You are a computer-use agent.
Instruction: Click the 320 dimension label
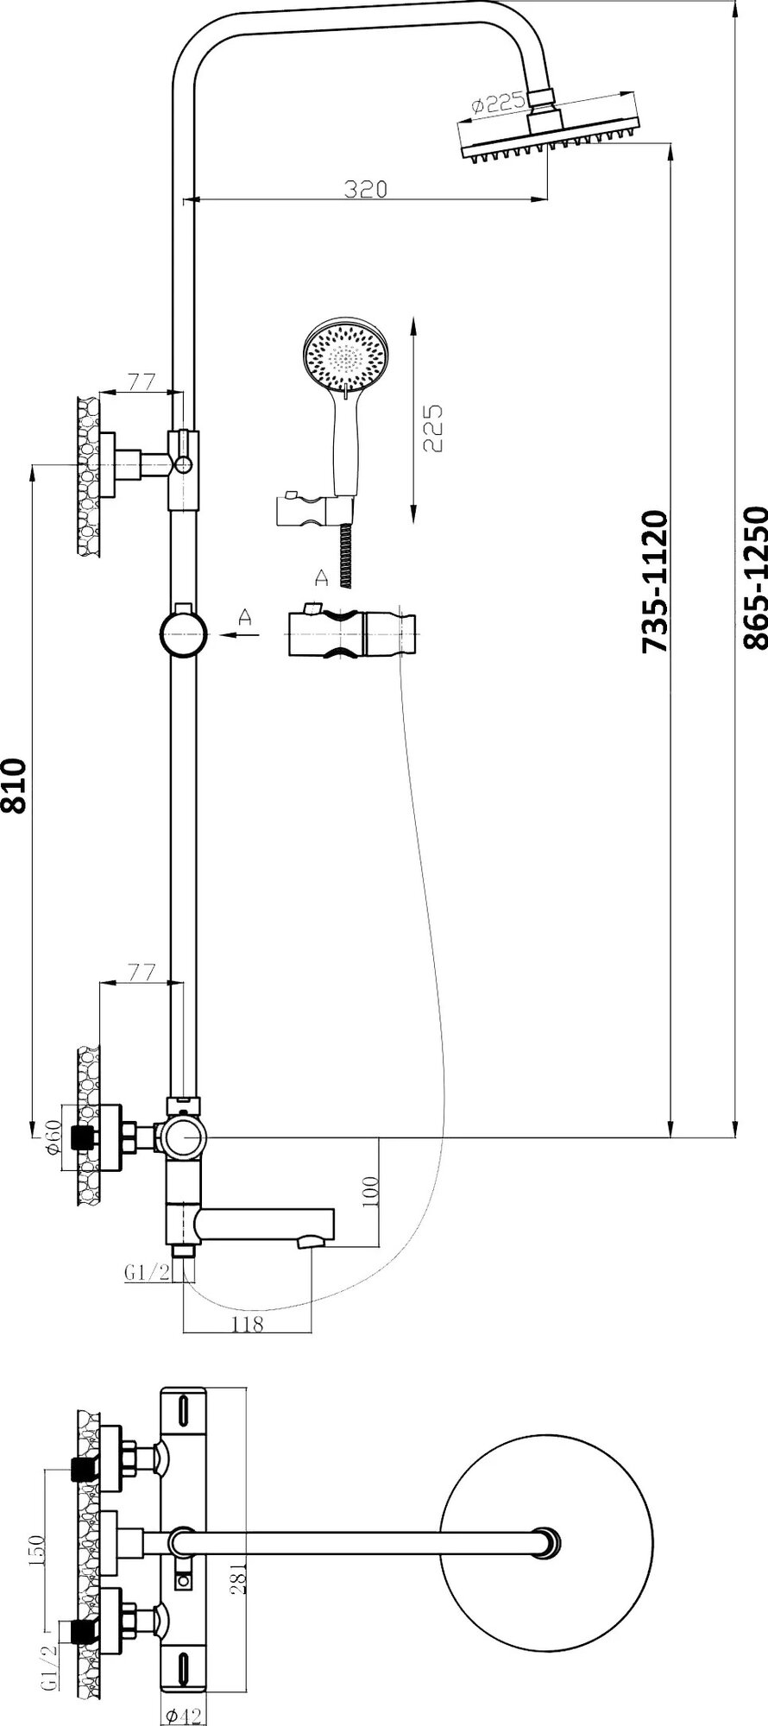tap(365, 189)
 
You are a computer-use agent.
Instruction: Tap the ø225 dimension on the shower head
tap(498, 104)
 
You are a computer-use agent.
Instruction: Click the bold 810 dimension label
tap(16, 786)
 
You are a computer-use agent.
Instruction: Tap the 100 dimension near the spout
tap(369, 1192)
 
